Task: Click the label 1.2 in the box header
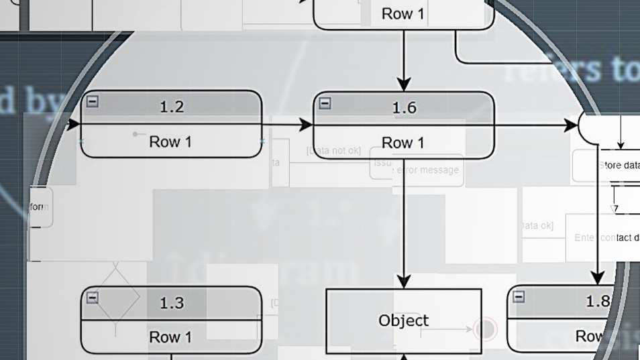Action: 171,106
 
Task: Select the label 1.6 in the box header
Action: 403,107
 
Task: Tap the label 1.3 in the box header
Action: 171,303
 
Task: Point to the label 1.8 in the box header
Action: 597,301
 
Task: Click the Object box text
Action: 403,320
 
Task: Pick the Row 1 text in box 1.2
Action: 170,141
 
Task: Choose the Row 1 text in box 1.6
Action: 403,143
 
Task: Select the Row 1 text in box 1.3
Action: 170,337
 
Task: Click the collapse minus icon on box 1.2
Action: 93,101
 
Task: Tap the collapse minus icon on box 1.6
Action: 325,103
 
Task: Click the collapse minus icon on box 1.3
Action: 93,298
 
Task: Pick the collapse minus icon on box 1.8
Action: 519,297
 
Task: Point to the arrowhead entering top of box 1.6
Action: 403,84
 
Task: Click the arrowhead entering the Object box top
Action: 403,282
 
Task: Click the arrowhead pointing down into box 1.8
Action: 597,278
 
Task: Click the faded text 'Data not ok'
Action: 334,151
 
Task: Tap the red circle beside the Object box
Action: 484,329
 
